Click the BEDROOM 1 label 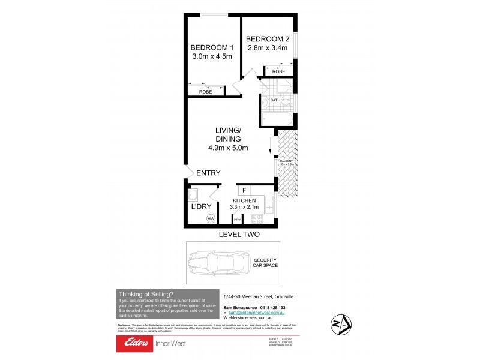tap(212, 48)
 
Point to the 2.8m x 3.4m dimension tap(267, 48)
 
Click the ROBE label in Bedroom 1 tap(206, 92)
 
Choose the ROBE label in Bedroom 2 tap(279, 71)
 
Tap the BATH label tap(275, 100)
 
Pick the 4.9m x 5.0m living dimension tap(228, 148)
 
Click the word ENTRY tap(208, 173)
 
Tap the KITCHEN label tap(244, 200)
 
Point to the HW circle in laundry tap(210, 220)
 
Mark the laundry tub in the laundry tap(194, 194)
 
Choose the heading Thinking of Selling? tap(146, 293)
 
